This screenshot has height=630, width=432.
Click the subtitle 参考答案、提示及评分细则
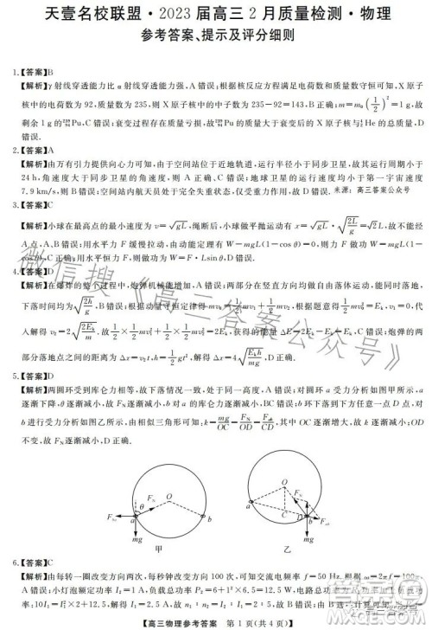215,37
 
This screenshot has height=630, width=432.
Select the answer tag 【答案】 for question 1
35,73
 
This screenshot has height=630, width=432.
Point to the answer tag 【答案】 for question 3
35,205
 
